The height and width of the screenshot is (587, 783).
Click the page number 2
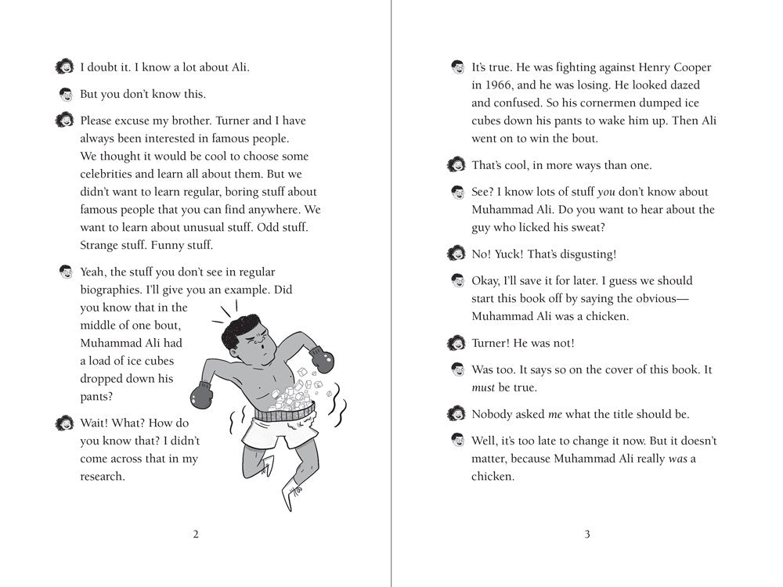click(x=196, y=535)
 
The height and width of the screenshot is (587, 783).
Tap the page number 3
click(x=586, y=535)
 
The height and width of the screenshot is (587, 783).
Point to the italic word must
click(x=485, y=387)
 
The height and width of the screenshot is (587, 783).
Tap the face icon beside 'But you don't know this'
click(x=66, y=95)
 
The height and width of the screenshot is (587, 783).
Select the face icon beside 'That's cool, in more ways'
click(x=456, y=165)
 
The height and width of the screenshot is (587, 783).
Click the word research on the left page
click(x=103, y=476)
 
